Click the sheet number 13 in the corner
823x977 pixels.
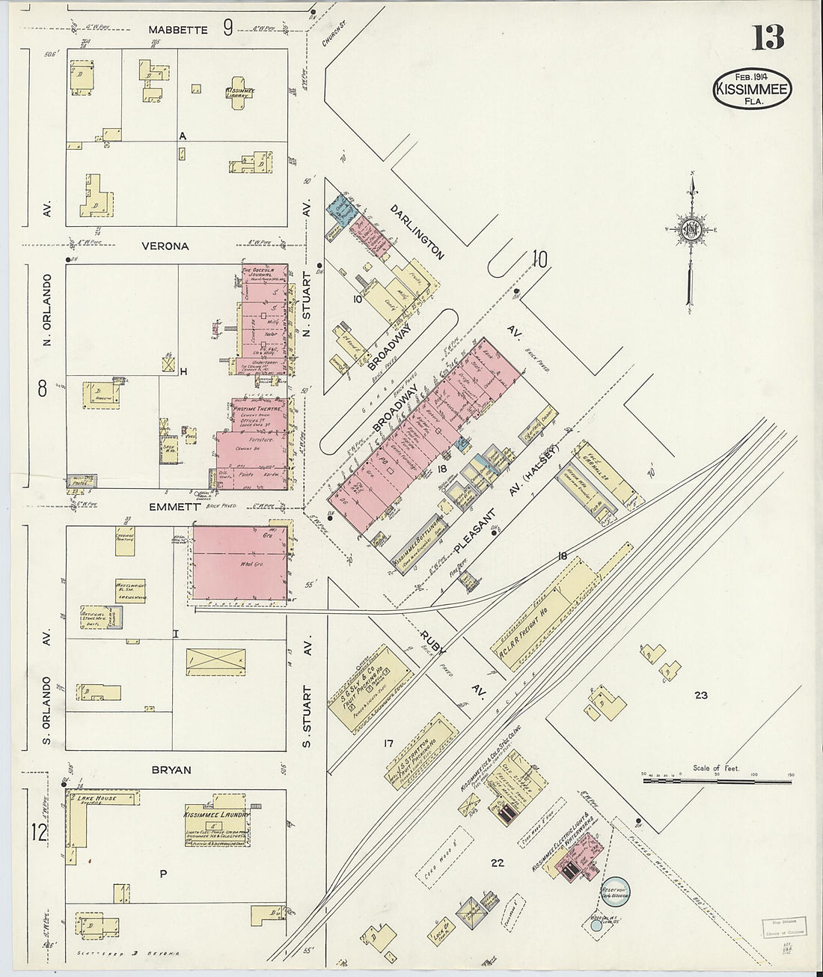point(768,37)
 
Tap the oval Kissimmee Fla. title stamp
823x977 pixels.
point(752,89)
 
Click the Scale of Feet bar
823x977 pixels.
point(717,781)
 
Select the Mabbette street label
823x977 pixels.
point(177,30)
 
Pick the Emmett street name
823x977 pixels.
point(174,507)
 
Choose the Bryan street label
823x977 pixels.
point(171,769)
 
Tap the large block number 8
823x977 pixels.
point(42,388)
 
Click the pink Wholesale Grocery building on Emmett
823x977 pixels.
point(240,563)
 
